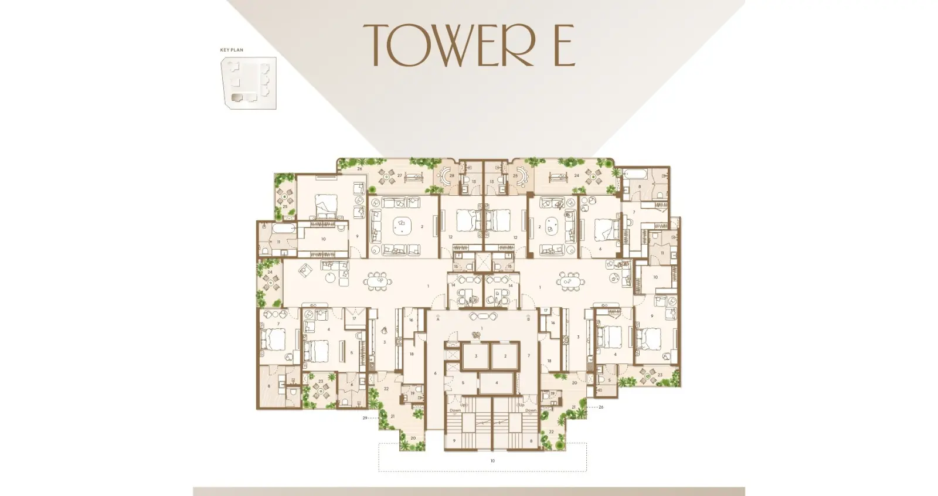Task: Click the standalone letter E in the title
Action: [564, 45]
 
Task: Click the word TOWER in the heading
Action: [449, 45]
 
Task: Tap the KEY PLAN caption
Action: [232, 50]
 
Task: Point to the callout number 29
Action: [365, 418]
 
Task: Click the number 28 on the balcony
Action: [451, 175]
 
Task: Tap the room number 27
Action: [400, 176]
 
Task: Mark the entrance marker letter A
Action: [438, 319]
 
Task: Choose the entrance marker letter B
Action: [529, 319]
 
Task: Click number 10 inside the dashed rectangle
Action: [492, 461]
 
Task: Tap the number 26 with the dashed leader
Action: [601, 406]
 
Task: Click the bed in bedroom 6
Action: [604, 229]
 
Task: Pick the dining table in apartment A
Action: [378, 282]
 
